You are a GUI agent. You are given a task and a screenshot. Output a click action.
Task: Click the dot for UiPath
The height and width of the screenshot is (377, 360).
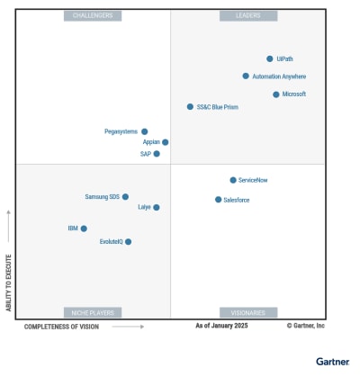(269, 58)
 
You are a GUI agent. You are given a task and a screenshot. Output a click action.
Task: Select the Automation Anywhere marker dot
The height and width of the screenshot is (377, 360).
(246, 76)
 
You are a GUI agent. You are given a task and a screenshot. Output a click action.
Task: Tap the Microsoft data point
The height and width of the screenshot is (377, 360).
(276, 94)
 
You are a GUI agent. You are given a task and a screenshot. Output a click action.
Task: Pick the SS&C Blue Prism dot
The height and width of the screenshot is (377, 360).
(190, 106)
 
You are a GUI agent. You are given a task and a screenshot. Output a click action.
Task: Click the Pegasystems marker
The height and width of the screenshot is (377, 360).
(145, 131)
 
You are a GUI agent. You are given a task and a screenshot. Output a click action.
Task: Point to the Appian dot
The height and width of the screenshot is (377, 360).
(165, 142)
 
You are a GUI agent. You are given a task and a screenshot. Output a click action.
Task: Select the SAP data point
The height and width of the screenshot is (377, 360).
(157, 154)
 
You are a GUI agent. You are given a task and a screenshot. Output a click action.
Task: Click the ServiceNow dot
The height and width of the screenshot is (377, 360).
(233, 180)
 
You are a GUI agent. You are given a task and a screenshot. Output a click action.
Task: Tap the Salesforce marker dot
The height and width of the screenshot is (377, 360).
(218, 200)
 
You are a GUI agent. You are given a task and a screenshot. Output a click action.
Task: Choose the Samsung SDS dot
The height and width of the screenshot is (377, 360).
(125, 196)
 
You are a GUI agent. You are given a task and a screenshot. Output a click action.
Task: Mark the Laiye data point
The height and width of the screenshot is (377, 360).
(157, 207)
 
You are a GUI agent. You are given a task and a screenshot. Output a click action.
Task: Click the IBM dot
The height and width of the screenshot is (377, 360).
(84, 229)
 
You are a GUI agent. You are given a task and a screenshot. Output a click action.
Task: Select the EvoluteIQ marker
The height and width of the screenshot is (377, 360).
(129, 241)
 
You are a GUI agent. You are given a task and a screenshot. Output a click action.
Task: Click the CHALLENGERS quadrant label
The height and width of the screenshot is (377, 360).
(93, 16)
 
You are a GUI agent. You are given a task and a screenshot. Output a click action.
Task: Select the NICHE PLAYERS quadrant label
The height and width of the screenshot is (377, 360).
(93, 312)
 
